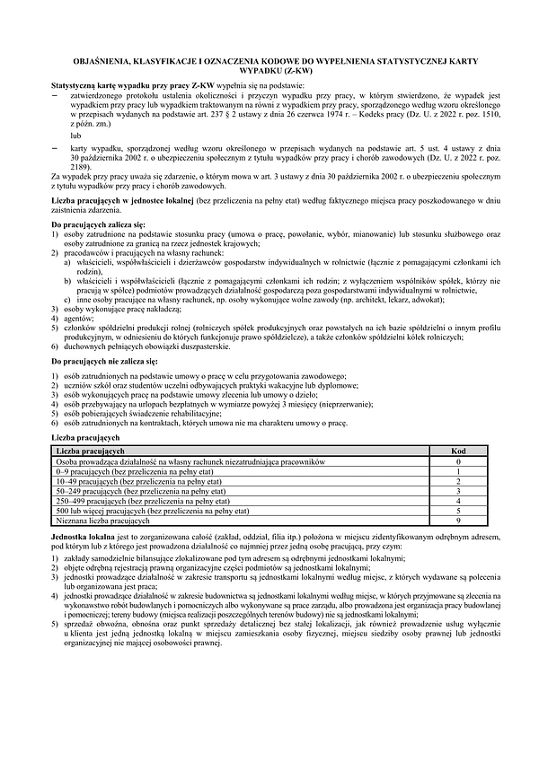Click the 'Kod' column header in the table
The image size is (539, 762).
coord(457,450)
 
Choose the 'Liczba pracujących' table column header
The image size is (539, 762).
coord(90,450)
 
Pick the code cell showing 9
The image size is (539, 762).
coord(457,521)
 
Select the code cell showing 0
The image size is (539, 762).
coord(457,460)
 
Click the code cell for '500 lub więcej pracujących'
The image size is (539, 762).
coord(457,511)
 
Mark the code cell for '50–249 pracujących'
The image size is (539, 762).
coord(457,491)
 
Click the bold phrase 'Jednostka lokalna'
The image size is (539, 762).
coord(84,536)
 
